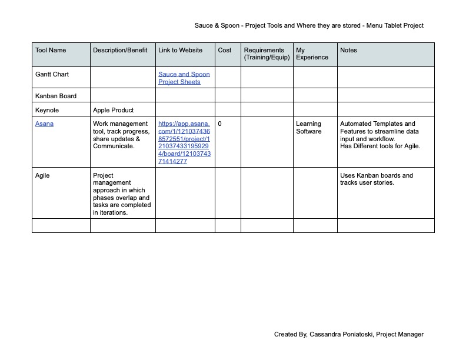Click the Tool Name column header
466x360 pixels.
point(51,51)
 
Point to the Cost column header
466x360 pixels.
point(225,51)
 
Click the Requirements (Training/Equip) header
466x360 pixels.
point(264,54)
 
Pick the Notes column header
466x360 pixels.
point(348,51)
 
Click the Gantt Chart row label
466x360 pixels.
point(52,75)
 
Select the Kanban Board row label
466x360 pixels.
point(56,96)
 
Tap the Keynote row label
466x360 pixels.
point(47,110)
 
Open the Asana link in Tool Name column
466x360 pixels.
point(45,124)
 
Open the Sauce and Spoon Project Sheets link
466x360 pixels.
point(184,78)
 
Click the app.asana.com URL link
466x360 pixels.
point(184,142)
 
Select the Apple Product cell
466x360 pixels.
point(114,110)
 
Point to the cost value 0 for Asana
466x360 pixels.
point(220,124)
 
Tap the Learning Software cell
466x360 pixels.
point(308,128)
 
